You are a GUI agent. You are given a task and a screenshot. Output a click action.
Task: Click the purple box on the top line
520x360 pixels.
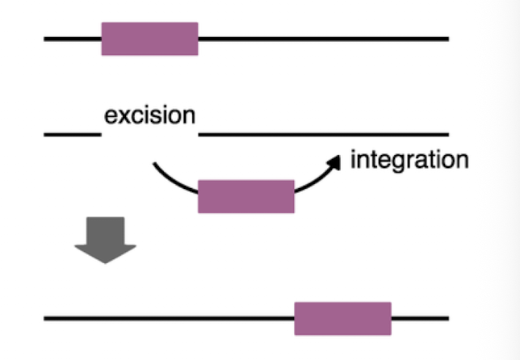click(x=149, y=39)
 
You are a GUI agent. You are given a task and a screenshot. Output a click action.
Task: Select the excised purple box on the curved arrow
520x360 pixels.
click(x=246, y=196)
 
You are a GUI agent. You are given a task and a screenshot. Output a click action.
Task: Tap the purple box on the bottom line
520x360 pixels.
click(x=342, y=318)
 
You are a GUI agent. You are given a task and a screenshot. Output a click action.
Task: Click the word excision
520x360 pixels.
click(x=149, y=115)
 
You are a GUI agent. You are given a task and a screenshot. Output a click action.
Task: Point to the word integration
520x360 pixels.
click(x=409, y=159)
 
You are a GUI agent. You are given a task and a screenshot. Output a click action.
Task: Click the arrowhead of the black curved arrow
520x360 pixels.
click(x=333, y=160)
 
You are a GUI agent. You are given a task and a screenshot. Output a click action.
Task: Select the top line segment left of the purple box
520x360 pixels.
click(x=73, y=39)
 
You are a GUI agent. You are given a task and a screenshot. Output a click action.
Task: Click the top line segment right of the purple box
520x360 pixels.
click(x=323, y=39)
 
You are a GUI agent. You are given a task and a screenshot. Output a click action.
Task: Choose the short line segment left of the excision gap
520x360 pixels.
click(x=73, y=134)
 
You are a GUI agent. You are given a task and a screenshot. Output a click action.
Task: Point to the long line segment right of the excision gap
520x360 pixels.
click(x=323, y=134)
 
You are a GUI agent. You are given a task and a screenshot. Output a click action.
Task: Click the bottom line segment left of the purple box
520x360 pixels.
click(x=170, y=318)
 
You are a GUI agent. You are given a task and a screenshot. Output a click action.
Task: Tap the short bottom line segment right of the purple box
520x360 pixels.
click(x=420, y=318)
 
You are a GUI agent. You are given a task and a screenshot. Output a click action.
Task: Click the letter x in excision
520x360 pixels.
click(x=121, y=115)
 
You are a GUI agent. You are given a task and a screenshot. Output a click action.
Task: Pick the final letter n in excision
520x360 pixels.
click(x=189, y=115)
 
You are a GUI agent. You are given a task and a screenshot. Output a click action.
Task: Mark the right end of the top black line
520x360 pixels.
click(x=447, y=39)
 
